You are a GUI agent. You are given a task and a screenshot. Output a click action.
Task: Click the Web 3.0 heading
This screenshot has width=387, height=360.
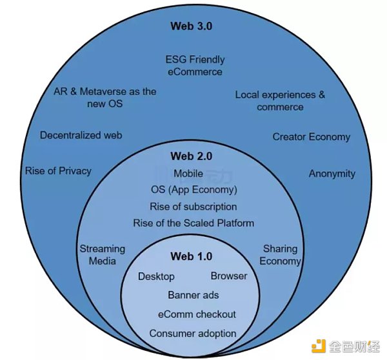[x=191, y=26]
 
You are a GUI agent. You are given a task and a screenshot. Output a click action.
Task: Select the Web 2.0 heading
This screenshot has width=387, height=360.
[x=191, y=156]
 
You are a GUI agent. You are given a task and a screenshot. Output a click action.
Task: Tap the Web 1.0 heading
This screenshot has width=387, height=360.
[x=191, y=257]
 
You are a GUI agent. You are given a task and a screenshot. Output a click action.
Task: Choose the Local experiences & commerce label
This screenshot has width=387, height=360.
[x=280, y=101]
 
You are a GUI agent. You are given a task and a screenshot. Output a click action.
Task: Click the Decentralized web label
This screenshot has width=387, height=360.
[x=81, y=135]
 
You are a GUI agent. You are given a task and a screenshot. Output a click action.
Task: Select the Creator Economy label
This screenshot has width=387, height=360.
[x=311, y=137]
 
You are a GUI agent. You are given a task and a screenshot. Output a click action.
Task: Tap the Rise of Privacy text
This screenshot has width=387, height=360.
[x=58, y=171]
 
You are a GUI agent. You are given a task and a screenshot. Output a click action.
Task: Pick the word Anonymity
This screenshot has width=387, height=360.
[x=332, y=174]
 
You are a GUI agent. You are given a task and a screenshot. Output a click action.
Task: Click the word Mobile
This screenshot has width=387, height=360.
[x=188, y=174]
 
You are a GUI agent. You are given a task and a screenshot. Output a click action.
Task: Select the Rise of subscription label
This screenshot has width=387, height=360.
[x=193, y=206]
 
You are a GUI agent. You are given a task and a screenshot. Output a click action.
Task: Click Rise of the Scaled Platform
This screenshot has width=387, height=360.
[x=193, y=223]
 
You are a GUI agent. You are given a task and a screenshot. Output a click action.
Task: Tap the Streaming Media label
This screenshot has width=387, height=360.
[x=102, y=255]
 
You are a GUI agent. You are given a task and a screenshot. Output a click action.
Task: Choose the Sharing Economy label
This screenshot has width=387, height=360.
[x=281, y=255]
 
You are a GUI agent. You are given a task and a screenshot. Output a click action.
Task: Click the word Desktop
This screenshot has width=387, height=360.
[x=156, y=276]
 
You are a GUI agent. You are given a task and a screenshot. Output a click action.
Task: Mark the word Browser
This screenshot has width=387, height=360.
[x=229, y=276]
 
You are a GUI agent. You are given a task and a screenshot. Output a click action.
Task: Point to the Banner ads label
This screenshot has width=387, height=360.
[x=193, y=295]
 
